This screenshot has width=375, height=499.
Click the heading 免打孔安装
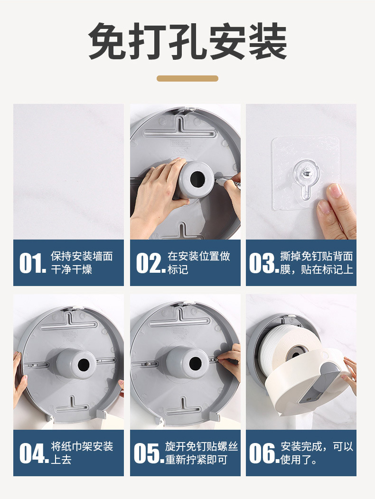click(x=187, y=41)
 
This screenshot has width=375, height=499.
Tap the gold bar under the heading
click(x=187, y=78)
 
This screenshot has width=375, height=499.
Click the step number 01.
click(x=33, y=263)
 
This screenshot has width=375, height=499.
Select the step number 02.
click(x=150, y=263)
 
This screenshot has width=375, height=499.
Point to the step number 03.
click(x=264, y=263)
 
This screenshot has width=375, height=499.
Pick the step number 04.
click(x=34, y=453)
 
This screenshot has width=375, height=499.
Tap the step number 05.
click(x=149, y=453)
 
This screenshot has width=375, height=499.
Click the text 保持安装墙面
click(x=82, y=256)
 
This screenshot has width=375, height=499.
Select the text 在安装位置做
click(x=199, y=256)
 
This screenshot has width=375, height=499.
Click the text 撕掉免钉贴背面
click(x=317, y=256)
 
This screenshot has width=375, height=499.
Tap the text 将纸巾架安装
click(x=82, y=446)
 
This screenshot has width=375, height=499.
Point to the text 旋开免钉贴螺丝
click(x=201, y=446)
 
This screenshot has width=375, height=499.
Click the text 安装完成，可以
click(x=317, y=446)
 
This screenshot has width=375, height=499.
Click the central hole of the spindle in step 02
click(x=197, y=179)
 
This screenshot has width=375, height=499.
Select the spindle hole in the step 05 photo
click(x=195, y=363)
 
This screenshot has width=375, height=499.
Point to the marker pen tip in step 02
click(x=216, y=180)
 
